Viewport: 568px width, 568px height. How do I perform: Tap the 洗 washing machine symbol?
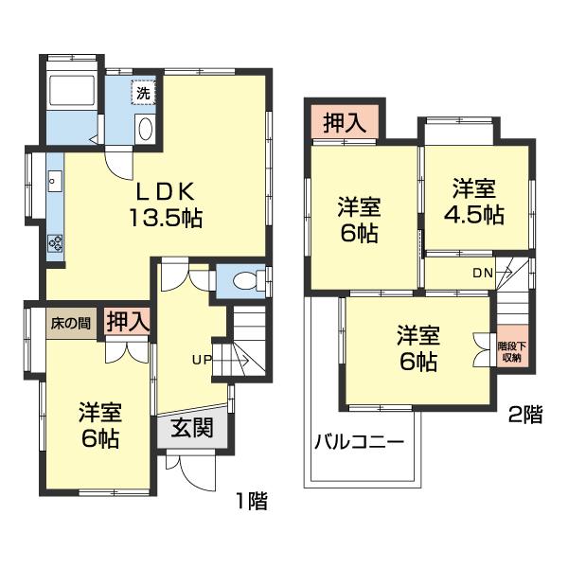point(142,94)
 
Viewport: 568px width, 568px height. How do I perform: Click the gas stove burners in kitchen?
point(54,244)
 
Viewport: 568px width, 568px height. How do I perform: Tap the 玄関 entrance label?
point(191,427)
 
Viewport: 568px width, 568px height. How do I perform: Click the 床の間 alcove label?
point(71,323)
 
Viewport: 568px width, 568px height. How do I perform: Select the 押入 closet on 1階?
point(127,322)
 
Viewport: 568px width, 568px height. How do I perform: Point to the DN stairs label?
point(483,274)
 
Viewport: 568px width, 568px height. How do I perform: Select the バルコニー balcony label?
point(359,441)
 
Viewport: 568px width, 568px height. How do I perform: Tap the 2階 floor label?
point(525,413)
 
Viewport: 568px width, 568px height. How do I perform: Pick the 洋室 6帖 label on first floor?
point(98,426)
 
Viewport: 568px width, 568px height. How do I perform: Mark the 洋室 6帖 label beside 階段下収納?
point(417,348)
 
